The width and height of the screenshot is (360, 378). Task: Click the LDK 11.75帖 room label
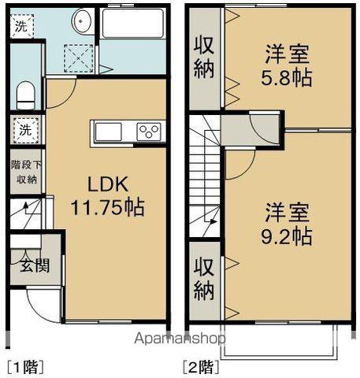[108, 195]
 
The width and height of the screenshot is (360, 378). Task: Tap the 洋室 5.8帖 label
[287, 66]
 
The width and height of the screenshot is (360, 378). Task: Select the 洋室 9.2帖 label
[287, 224]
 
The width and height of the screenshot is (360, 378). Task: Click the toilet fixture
[26, 95]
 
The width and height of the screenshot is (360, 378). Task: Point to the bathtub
[133, 24]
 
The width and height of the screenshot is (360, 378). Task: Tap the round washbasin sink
[82, 20]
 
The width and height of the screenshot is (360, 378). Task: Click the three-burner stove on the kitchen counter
[149, 132]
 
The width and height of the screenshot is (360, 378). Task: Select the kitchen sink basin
[109, 132]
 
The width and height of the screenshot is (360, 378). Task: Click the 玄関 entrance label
[35, 265]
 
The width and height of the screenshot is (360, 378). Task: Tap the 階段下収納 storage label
[26, 172]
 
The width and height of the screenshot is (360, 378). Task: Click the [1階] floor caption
[25, 367]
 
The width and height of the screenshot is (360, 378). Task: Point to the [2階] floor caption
[201, 367]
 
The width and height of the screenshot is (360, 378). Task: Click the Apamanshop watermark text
[180, 339]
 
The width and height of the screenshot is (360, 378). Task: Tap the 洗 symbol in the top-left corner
[21, 26]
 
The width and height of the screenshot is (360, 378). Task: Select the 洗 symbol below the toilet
[25, 130]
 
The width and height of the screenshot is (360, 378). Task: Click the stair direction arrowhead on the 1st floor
[26, 205]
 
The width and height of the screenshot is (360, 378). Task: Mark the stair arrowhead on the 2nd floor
[213, 222]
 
